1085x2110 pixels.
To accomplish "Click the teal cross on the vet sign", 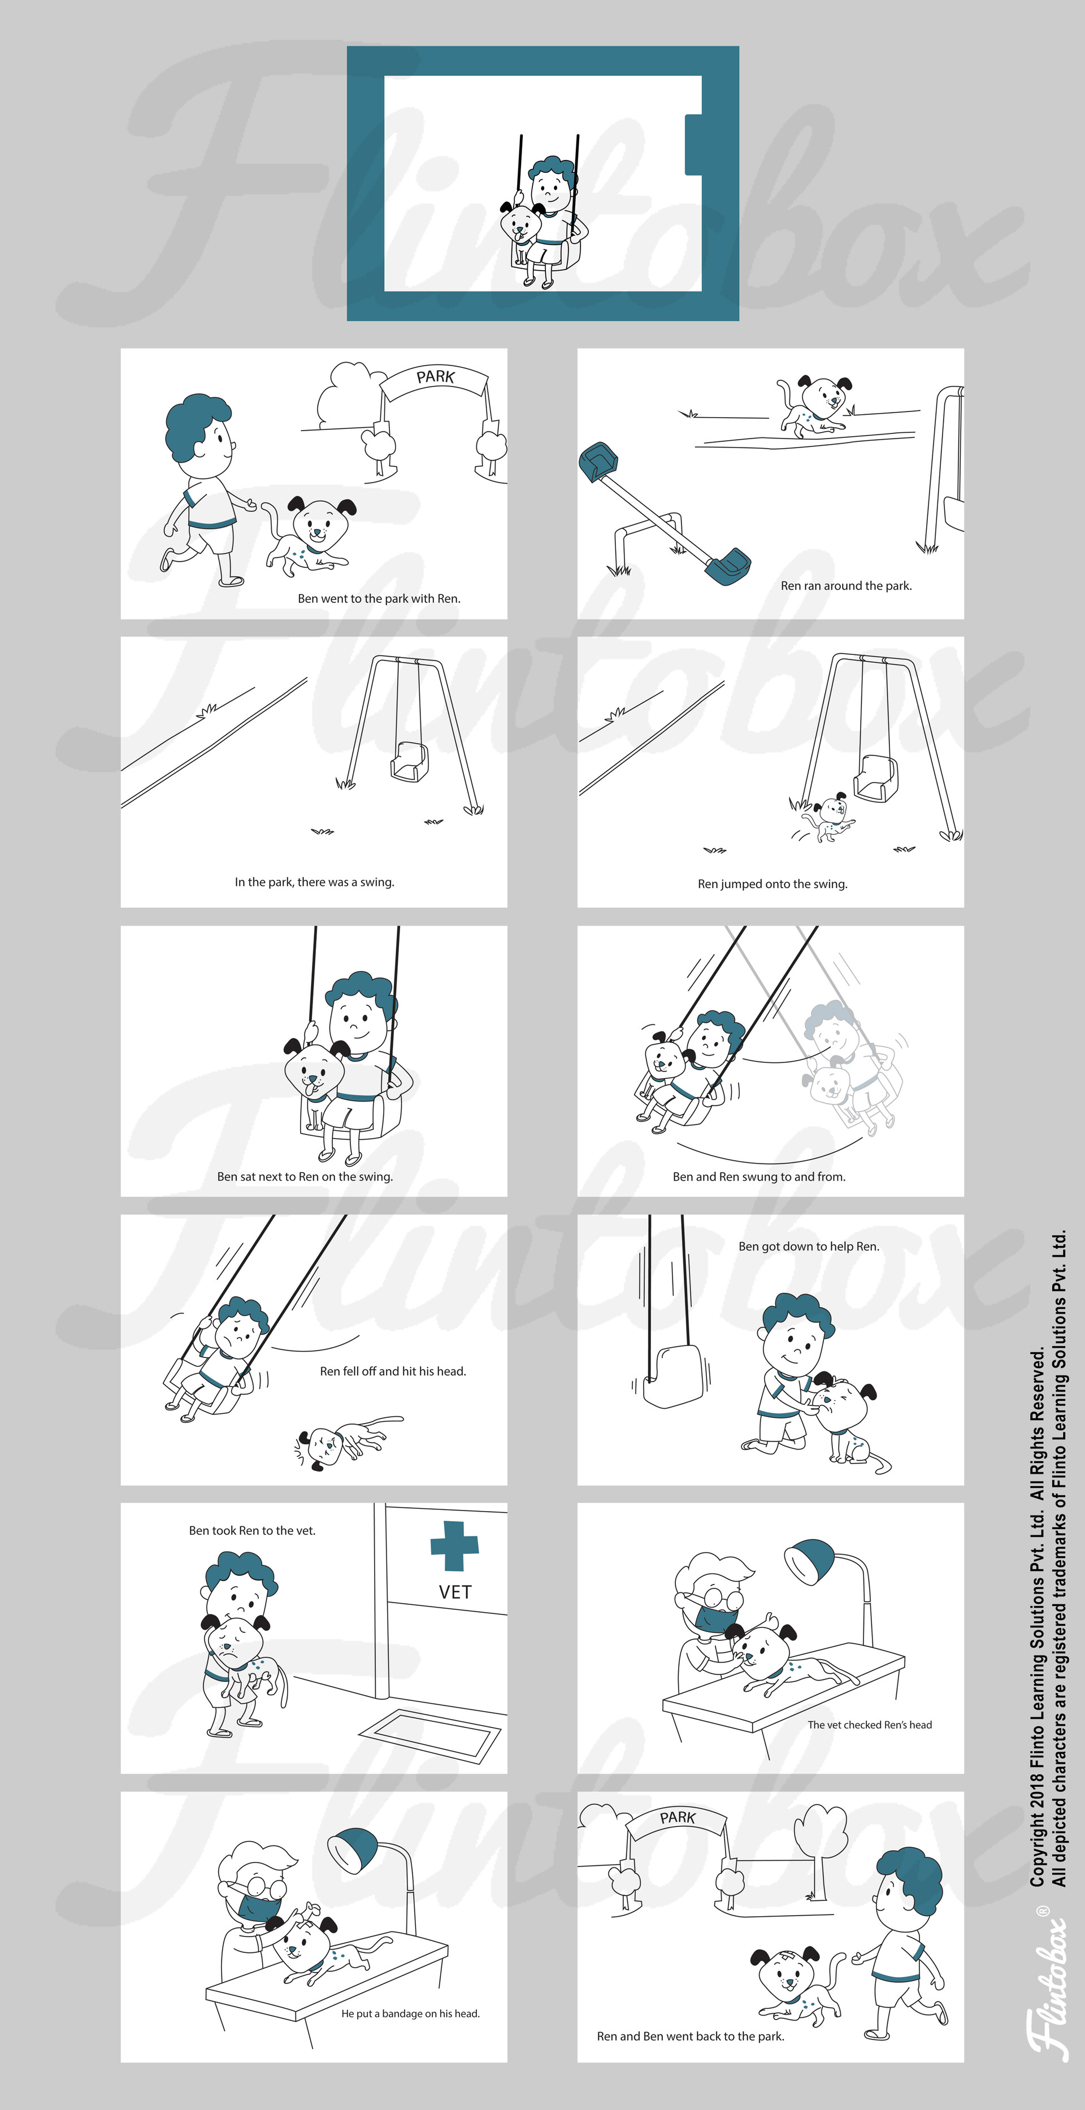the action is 454,1545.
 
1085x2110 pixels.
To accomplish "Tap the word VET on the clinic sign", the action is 455,1591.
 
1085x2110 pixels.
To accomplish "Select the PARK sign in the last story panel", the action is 677,1818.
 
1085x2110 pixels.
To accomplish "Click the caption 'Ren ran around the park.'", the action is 846,585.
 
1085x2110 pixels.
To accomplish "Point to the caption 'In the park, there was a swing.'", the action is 314,882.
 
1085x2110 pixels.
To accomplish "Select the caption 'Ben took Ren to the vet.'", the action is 252,1530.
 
